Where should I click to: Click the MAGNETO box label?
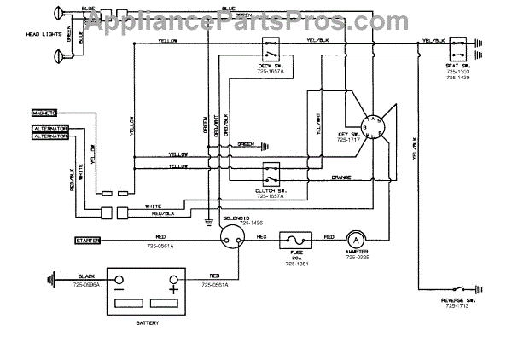point(44,112)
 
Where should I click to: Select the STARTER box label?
point(88,241)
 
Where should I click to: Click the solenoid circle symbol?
point(230,241)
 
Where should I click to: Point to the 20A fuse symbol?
point(296,241)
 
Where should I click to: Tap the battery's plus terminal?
point(174,281)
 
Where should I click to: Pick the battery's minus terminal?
point(119,281)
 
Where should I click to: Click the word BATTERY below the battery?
point(147,324)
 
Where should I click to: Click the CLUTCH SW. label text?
point(271,191)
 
